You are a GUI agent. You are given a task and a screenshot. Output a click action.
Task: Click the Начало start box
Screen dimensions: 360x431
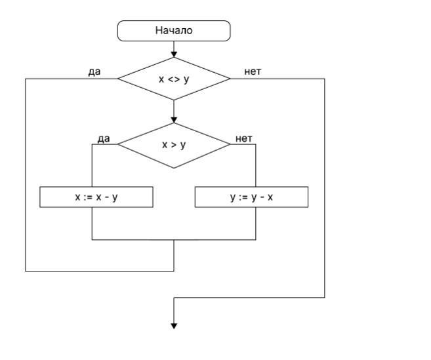click(x=174, y=30)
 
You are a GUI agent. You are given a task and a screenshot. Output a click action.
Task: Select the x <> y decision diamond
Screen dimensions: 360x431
click(x=174, y=79)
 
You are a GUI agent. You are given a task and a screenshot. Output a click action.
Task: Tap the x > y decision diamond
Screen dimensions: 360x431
click(x=174, y=144)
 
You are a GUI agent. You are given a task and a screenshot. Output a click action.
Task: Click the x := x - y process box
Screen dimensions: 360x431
click(x=96, y=197)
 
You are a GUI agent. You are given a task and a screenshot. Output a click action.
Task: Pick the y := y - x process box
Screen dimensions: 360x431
click(x=251, y=197)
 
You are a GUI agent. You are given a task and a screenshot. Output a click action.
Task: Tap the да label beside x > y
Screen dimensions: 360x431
click(x=104, y=138)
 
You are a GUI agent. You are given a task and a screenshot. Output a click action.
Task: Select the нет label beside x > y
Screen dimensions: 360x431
click(x=244, y=138)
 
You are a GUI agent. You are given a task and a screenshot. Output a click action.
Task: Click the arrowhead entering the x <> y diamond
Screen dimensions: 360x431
click(x=174, y=54)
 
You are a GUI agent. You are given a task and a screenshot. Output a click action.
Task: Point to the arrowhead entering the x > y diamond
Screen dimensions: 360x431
click(x=174, y=119)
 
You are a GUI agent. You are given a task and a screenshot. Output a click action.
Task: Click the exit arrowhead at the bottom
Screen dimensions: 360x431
click(x=174, y=325)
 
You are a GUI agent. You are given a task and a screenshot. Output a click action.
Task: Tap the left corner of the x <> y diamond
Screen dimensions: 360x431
click(x=118, y=79)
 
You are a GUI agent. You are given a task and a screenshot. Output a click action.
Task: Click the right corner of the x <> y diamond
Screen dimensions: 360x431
click(x=230, y=79)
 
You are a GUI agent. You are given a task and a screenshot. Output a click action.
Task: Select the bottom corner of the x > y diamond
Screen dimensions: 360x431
click(x=174, y=168)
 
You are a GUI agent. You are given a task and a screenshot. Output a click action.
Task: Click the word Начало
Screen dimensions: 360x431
click(x=174, y=30)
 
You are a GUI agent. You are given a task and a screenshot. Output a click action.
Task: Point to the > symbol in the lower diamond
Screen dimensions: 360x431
click(x=174, y=145)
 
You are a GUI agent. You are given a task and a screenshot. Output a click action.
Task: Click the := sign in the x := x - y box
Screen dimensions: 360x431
click(x=87, y=197)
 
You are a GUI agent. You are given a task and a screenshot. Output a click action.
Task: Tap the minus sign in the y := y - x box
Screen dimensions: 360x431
click(x=251, y=197)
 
